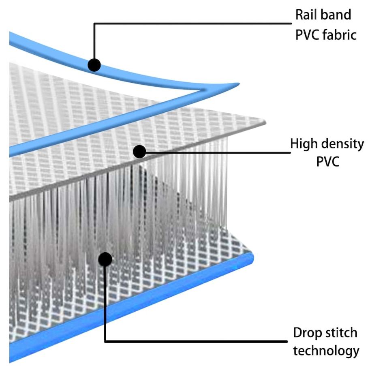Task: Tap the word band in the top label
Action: (338, 15)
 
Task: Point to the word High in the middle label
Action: (303, 144)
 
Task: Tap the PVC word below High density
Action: (327, 162)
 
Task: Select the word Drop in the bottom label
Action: (307, 333)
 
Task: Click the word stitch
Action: (341, 333)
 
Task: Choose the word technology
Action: (326, 351)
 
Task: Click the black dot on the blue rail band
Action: (94, 64)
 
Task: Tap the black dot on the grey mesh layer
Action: (139, 152)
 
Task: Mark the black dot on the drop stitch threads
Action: (105, 259)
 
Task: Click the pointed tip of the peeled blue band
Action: (239, 84)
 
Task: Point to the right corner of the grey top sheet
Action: (265, 121)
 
